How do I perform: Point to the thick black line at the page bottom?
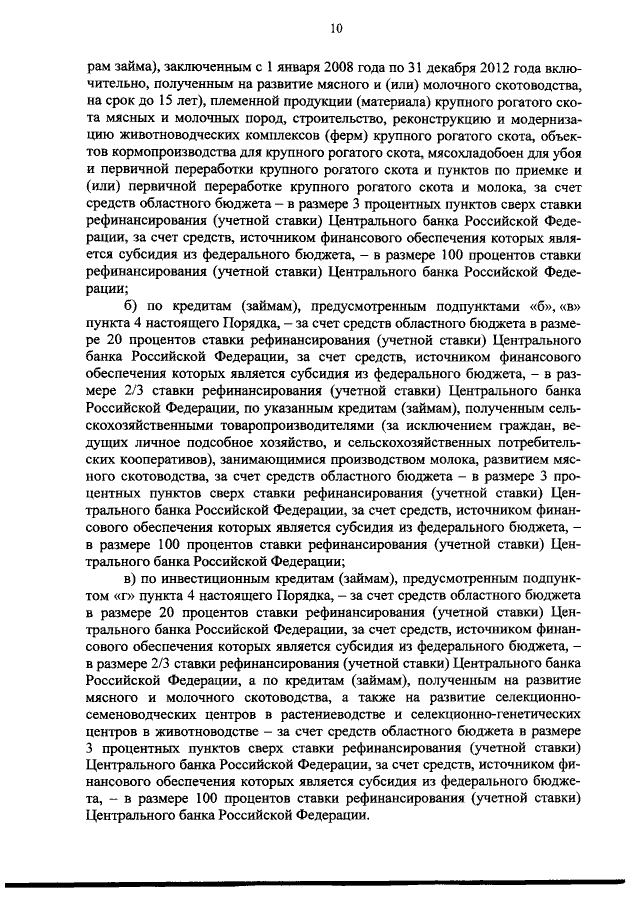(x=320, y=885)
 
